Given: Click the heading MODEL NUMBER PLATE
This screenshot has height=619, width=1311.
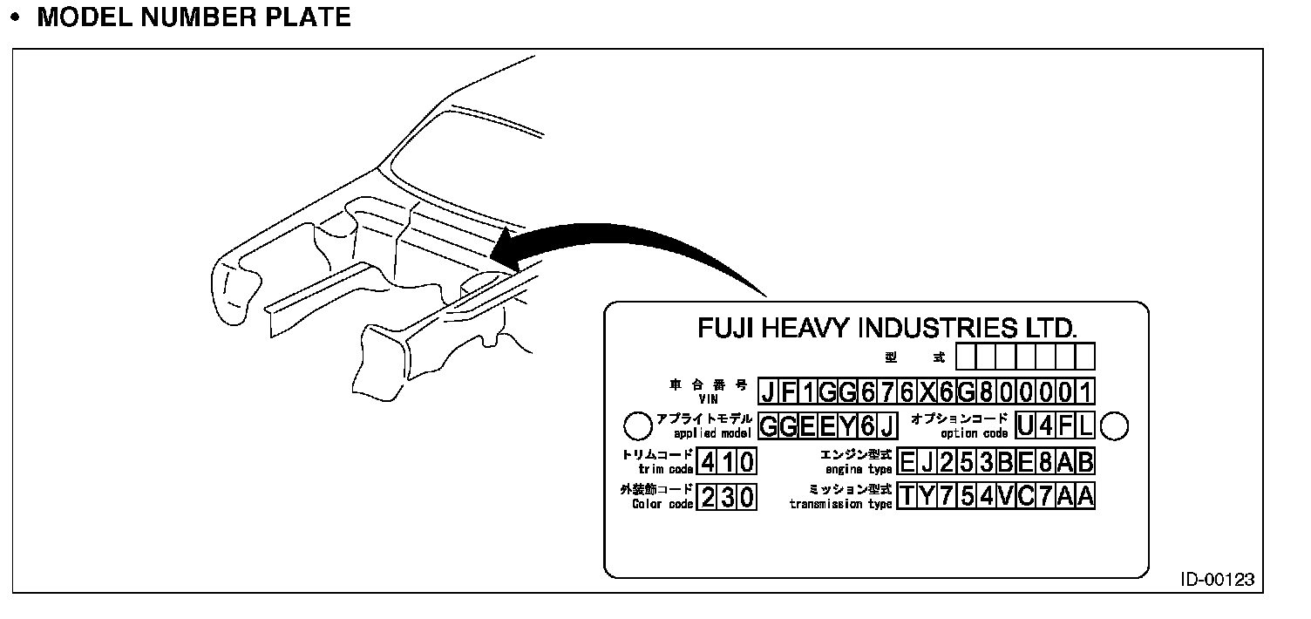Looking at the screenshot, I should [194, 17].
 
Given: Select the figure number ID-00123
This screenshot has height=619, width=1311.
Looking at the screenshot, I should [1218, 581].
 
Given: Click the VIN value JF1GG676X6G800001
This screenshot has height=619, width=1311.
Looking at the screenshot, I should [926, 391].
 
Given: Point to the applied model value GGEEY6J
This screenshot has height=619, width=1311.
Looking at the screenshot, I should [828, 425].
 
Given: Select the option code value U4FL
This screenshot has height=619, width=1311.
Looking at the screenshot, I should [1055, 425].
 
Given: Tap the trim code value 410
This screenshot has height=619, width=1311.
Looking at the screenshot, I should [727, 461].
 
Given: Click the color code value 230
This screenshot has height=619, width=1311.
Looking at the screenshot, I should [727, 496].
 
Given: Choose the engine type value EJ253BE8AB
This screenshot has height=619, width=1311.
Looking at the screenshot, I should [995, 461].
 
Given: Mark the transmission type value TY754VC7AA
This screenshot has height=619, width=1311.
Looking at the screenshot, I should [995, 496].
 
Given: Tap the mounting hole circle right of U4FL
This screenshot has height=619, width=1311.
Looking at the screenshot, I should [1115, 425].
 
